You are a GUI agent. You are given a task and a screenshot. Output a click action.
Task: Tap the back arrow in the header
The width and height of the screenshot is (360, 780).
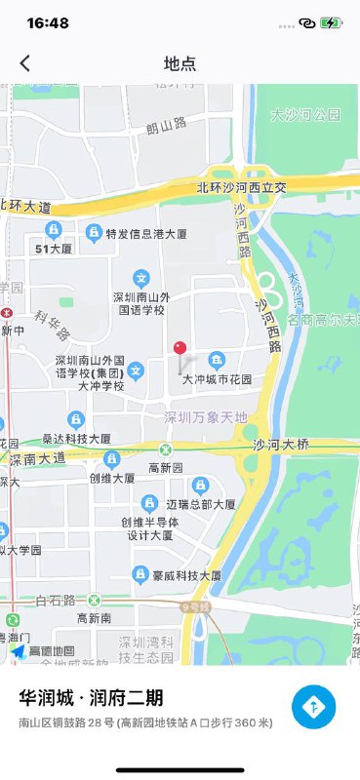point(25,63)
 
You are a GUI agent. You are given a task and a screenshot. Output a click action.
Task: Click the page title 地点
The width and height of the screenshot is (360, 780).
point(180,64)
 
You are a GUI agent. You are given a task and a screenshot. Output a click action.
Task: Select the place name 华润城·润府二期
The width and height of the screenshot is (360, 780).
point(92,698)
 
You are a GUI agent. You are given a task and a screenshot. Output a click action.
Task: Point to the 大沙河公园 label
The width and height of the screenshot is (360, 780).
point(305,115)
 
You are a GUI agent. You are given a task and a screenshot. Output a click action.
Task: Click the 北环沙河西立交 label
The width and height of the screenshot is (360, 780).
point(241,187)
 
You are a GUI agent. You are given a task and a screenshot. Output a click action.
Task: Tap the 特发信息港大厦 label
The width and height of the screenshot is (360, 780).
point(146,234)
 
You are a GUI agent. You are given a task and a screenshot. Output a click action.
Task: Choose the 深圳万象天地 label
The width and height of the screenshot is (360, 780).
point(206,418)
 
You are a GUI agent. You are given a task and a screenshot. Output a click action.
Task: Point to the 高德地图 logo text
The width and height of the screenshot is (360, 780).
point(52,651)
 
